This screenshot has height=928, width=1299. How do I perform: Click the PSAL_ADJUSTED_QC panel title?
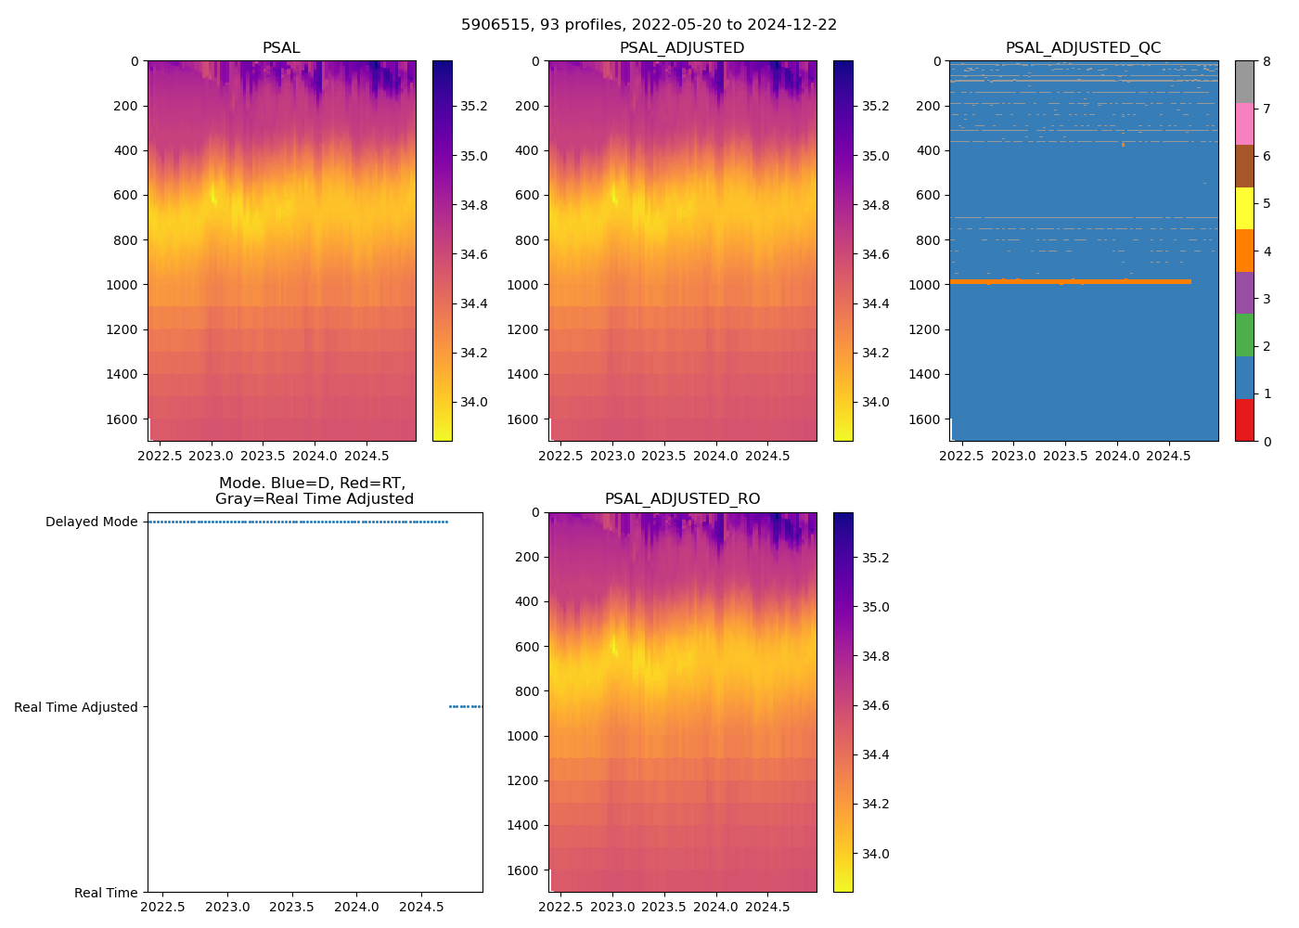coord(1083,48)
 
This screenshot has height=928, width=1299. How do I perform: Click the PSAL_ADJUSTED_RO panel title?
coord(682,499)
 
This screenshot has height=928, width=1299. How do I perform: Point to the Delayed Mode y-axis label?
coord(91,522)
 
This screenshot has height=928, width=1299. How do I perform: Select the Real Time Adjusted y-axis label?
coord(75,707)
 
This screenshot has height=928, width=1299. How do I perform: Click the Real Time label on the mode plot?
coord(106,893)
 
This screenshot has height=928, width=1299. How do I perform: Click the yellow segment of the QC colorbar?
coord(1244,208)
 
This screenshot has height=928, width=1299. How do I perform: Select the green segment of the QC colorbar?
coord(1244,335)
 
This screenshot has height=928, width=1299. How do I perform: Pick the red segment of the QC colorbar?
coord(1244,419)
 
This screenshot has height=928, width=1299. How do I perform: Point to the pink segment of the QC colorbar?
coord(1244,123)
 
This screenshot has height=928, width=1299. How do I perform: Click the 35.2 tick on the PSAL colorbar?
coord(474,106)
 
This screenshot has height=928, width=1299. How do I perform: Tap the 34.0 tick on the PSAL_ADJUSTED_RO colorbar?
coord(875,854)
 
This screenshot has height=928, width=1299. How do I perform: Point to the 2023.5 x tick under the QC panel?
coord(1065,456)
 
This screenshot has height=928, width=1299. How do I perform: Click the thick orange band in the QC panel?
coord(1067,281)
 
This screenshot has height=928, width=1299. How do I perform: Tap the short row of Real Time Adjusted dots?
coord(465,707)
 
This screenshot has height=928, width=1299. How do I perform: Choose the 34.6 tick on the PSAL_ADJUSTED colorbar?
coord(875,254)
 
